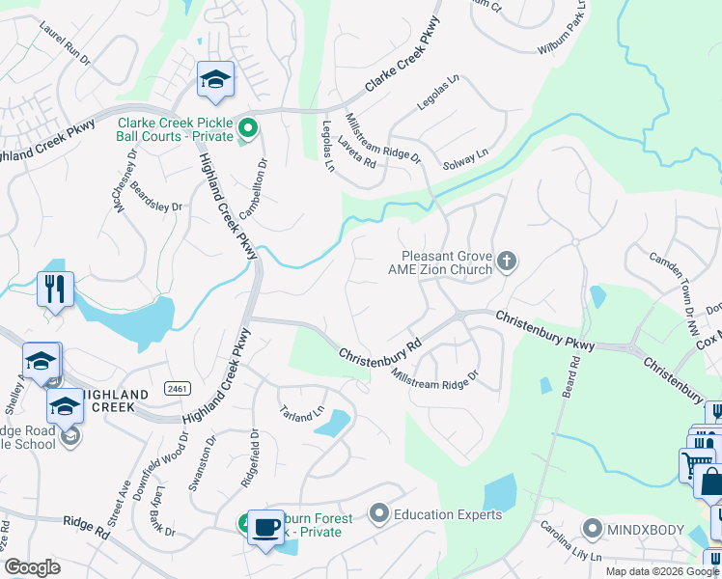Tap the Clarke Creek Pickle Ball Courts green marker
click(x=248, y=127)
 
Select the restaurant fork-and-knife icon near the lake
click(x=54, y=288)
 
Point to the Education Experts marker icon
click(x=378, y=513)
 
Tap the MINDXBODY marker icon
click(x=593, y=528)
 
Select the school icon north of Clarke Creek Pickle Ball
click(x=215, y=80)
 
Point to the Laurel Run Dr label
click(x=65, y=45)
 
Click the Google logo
click(x=32, y=567)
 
